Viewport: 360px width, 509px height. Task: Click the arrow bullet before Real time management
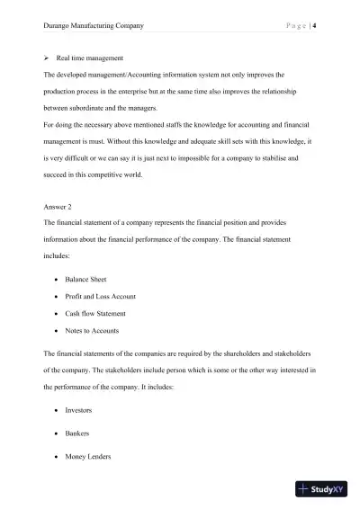tap(47, 58)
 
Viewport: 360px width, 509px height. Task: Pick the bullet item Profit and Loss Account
tap(102, 296)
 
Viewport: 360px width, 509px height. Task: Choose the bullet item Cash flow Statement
tap(95, 313)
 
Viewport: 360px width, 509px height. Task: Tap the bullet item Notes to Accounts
tap(94, 330)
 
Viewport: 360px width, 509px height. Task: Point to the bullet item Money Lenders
tap(89, 457)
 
